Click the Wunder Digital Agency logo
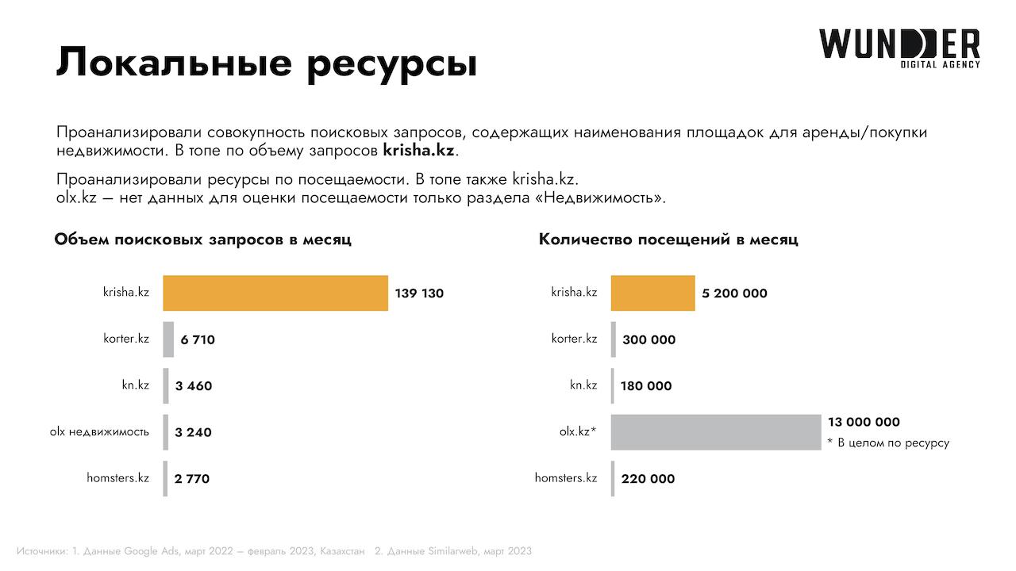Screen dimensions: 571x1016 (x=899, y=48)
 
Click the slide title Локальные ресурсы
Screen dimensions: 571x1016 (x=267, y=63)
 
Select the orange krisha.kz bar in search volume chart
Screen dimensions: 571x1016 (x=275, y=293)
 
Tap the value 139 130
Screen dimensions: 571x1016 (x=419, y=293)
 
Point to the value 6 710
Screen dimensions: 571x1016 (x=198, y=339)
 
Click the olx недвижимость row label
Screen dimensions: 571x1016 (x=99, y=431)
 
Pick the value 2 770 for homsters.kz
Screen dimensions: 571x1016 (x=192, y=478)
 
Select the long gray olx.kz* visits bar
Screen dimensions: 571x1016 (x=715, y=431)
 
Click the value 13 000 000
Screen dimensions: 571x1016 (x=864, y=422)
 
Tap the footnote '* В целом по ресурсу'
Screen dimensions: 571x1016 (x=887, y=443)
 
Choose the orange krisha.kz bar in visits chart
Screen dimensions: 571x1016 (x=652, y=293)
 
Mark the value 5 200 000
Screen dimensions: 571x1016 (x=734, y=293)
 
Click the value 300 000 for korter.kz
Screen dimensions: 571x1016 (x=648, y=339)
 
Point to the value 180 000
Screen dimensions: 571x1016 (x=645, y=386)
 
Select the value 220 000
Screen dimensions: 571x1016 (x=648, y=478)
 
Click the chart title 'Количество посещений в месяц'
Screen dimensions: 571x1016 (x=668, y=240)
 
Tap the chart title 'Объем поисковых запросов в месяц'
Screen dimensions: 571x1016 (x=202, y=240)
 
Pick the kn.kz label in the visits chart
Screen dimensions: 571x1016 (x=583, y=385)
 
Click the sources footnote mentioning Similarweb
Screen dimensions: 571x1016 (x=453, y=550)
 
